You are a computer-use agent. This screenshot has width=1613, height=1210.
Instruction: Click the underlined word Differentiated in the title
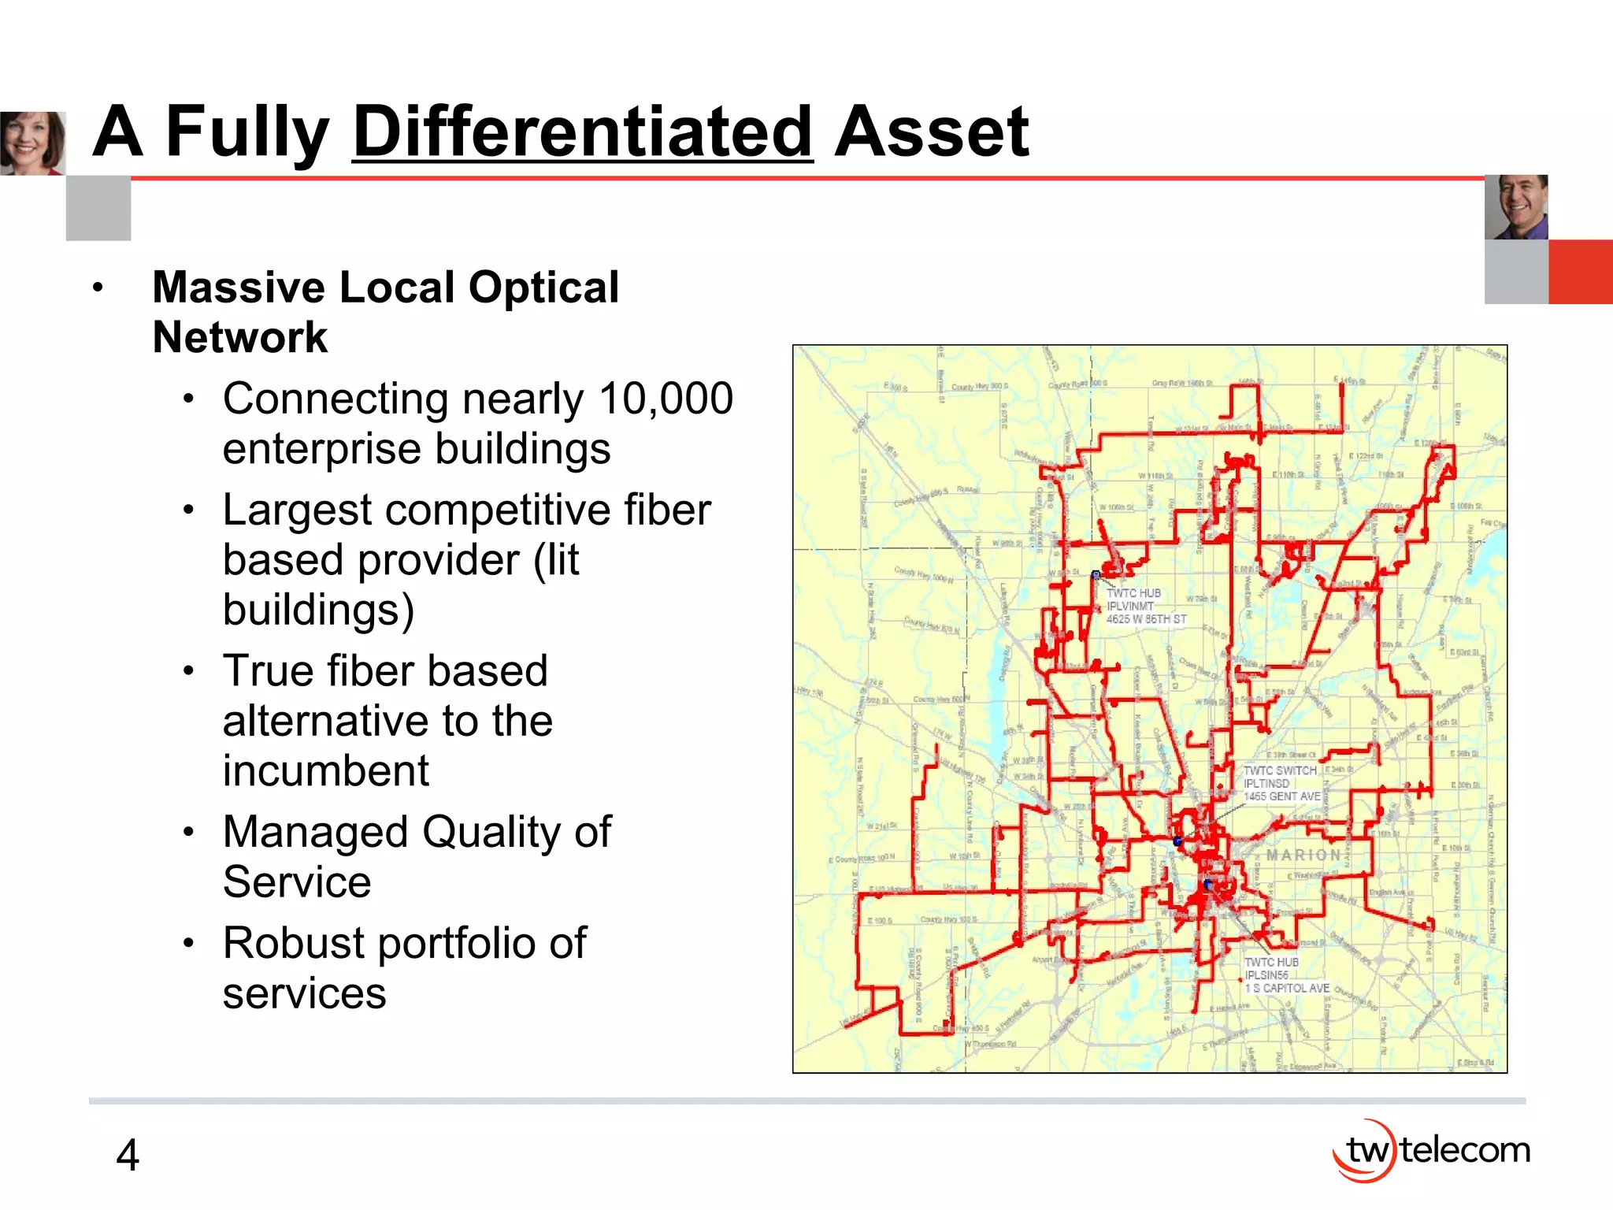coord(583,132)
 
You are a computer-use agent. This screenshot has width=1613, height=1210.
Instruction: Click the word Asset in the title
coord(931,132)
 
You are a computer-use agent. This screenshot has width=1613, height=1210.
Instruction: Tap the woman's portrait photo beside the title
coord(32,143)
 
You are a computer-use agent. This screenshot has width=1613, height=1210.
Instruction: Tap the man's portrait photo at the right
coord(1516,207)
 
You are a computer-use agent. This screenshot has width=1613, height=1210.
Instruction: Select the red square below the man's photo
coord(1580,272)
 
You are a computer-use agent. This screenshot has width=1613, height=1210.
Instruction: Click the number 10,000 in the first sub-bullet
coord(666,399)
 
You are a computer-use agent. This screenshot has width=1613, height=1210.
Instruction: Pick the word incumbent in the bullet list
coord(325,770)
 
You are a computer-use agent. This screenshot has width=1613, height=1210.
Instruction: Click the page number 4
coord(128,1156)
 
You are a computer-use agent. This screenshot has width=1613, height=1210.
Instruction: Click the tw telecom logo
coord(1431,1151)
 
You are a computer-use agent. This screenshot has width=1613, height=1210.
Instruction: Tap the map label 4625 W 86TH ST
coord(1146,620)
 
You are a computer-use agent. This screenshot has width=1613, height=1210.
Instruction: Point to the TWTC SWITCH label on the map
coord(1280,770)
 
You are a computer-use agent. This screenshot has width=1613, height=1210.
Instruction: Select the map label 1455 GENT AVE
coord(1281,796)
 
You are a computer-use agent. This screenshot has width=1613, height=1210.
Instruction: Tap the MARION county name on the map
coord(1303,856)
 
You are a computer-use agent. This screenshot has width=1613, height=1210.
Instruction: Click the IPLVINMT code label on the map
coord(1130,607)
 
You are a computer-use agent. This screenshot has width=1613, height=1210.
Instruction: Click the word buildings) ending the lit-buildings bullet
coord(318,611)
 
